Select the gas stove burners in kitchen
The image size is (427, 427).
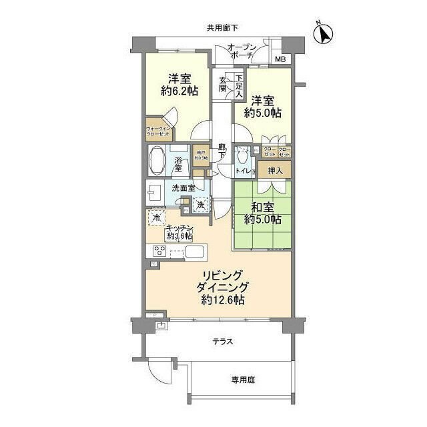point(161,252)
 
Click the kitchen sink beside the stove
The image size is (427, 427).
point(197,252)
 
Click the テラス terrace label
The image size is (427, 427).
point(222,342)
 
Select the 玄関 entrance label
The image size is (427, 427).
point(223,85)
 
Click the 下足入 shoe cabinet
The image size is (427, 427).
point(238,85)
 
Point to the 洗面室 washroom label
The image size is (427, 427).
point(182,189)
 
